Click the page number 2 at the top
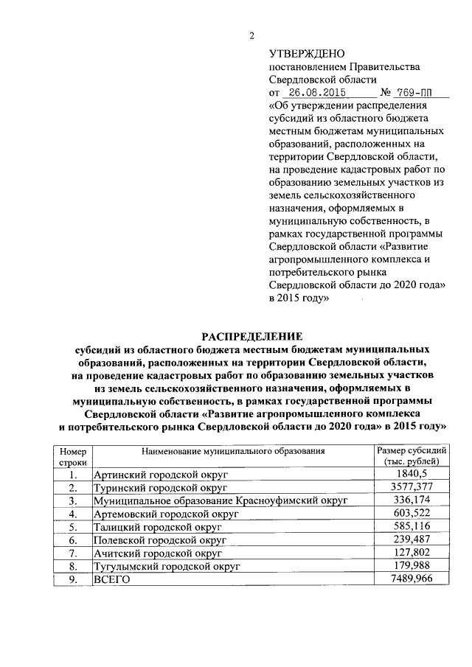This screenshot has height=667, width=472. coord(251,37)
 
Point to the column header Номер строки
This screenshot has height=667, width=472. coord(73,455)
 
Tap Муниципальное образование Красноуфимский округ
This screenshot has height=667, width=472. coord(221,500)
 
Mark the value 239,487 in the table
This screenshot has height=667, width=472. coord(412,539)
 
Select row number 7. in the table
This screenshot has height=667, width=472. coord(73,553)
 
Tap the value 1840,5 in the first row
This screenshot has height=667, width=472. coord(412,474)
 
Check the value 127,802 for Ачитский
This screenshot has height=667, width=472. coord(412,553)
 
